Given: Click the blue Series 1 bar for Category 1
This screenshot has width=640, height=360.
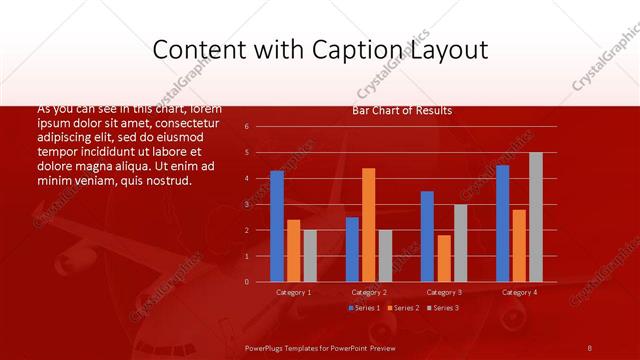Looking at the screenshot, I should click(277, 226).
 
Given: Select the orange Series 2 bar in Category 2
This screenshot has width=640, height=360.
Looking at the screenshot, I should click(368, 225).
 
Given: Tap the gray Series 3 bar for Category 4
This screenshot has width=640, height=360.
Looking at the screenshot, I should click(535, 217).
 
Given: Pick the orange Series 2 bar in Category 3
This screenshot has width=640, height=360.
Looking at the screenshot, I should click(444, 258).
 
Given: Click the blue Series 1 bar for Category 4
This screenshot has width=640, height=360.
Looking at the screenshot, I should click(502, 223).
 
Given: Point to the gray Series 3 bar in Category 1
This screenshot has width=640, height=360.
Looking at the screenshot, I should click(310, 256).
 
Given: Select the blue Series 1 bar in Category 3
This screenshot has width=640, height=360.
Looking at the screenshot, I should click(427, 236).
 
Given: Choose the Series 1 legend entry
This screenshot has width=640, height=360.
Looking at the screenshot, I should click(365, 308).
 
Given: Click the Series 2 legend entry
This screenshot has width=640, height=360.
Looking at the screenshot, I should click(403, 308).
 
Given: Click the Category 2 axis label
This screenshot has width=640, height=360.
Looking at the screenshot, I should click(369, 292).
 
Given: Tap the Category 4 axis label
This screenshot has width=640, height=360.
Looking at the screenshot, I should click(519, 292).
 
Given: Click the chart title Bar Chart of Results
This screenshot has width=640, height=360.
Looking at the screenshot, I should click(402, 110).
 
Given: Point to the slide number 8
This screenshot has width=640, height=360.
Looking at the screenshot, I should click(590, 347).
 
